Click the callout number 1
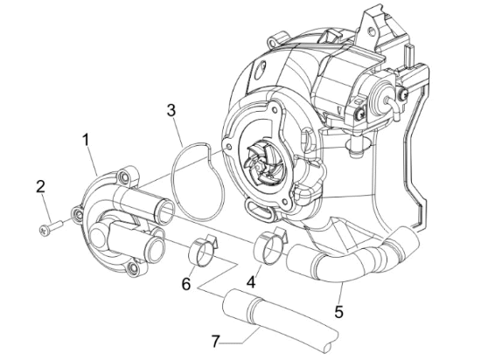(x=86, y=140)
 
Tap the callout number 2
(x=40, y=187)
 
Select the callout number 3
(x=171, y=110)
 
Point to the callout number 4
(x=251, y=282)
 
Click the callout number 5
(x=338, y=312)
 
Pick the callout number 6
(x=186, y=284)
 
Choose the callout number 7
(x=216, y=341)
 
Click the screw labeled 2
(x=51, y=227)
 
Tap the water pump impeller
(x=259, y=162)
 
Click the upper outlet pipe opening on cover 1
(x=165, y=211)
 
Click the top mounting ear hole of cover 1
(x=125, y=177)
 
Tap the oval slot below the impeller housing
(x=258, y=210)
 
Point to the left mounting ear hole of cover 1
(x=77, y=212)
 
